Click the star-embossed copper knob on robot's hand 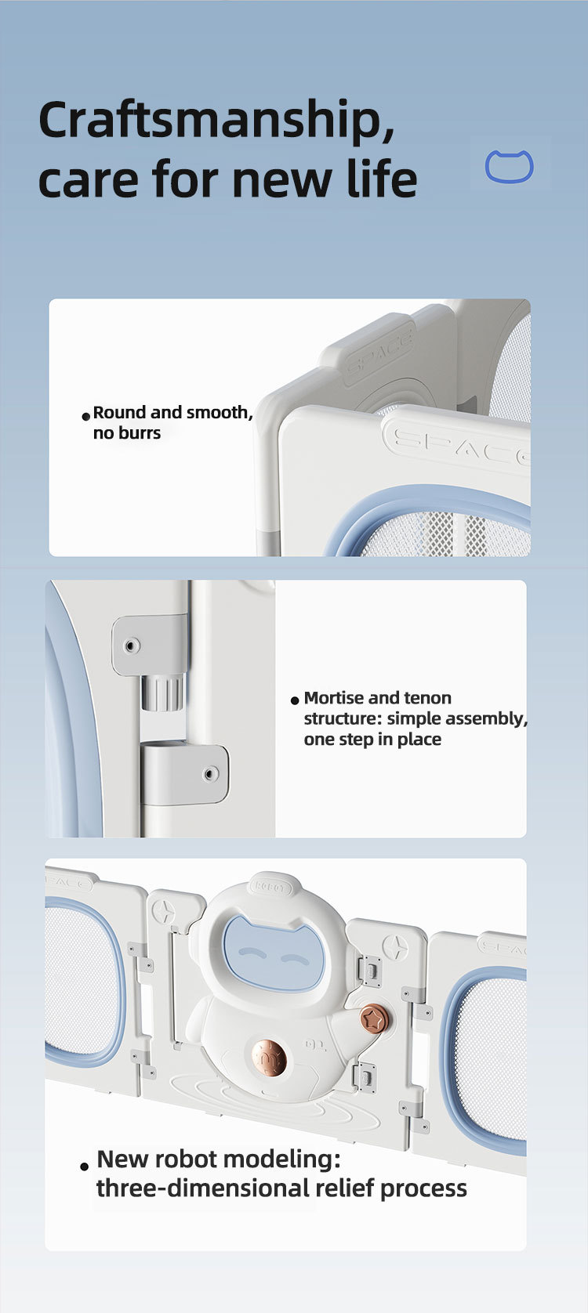coord(375,1019)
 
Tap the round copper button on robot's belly coord(270,1056)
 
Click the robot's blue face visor coord(274,953)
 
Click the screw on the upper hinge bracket coord(132,646)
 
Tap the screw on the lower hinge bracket coord(211,774)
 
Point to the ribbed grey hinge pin coord(162,693)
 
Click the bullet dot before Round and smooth coord(85,416)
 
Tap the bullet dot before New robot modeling coord(84,1167)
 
